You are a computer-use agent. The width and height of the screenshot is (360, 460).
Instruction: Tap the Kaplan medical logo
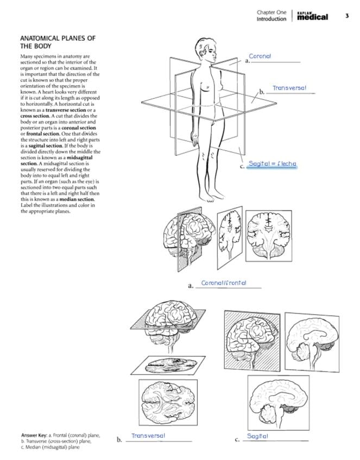[x=313, y=16]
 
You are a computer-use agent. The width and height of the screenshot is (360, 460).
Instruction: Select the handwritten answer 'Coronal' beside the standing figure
[x=260, y=56]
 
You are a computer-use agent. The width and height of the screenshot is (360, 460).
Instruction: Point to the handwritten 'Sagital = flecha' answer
[x=272, y=163]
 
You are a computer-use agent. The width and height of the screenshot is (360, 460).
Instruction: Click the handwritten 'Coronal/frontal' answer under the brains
[x=224, y=283]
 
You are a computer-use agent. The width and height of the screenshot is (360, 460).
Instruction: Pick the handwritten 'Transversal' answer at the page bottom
[x=148, y=436]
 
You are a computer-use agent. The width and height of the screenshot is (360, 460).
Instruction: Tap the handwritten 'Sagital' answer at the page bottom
[x=257, y=436]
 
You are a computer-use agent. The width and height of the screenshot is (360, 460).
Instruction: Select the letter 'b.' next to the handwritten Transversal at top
[x=261, y=92]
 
